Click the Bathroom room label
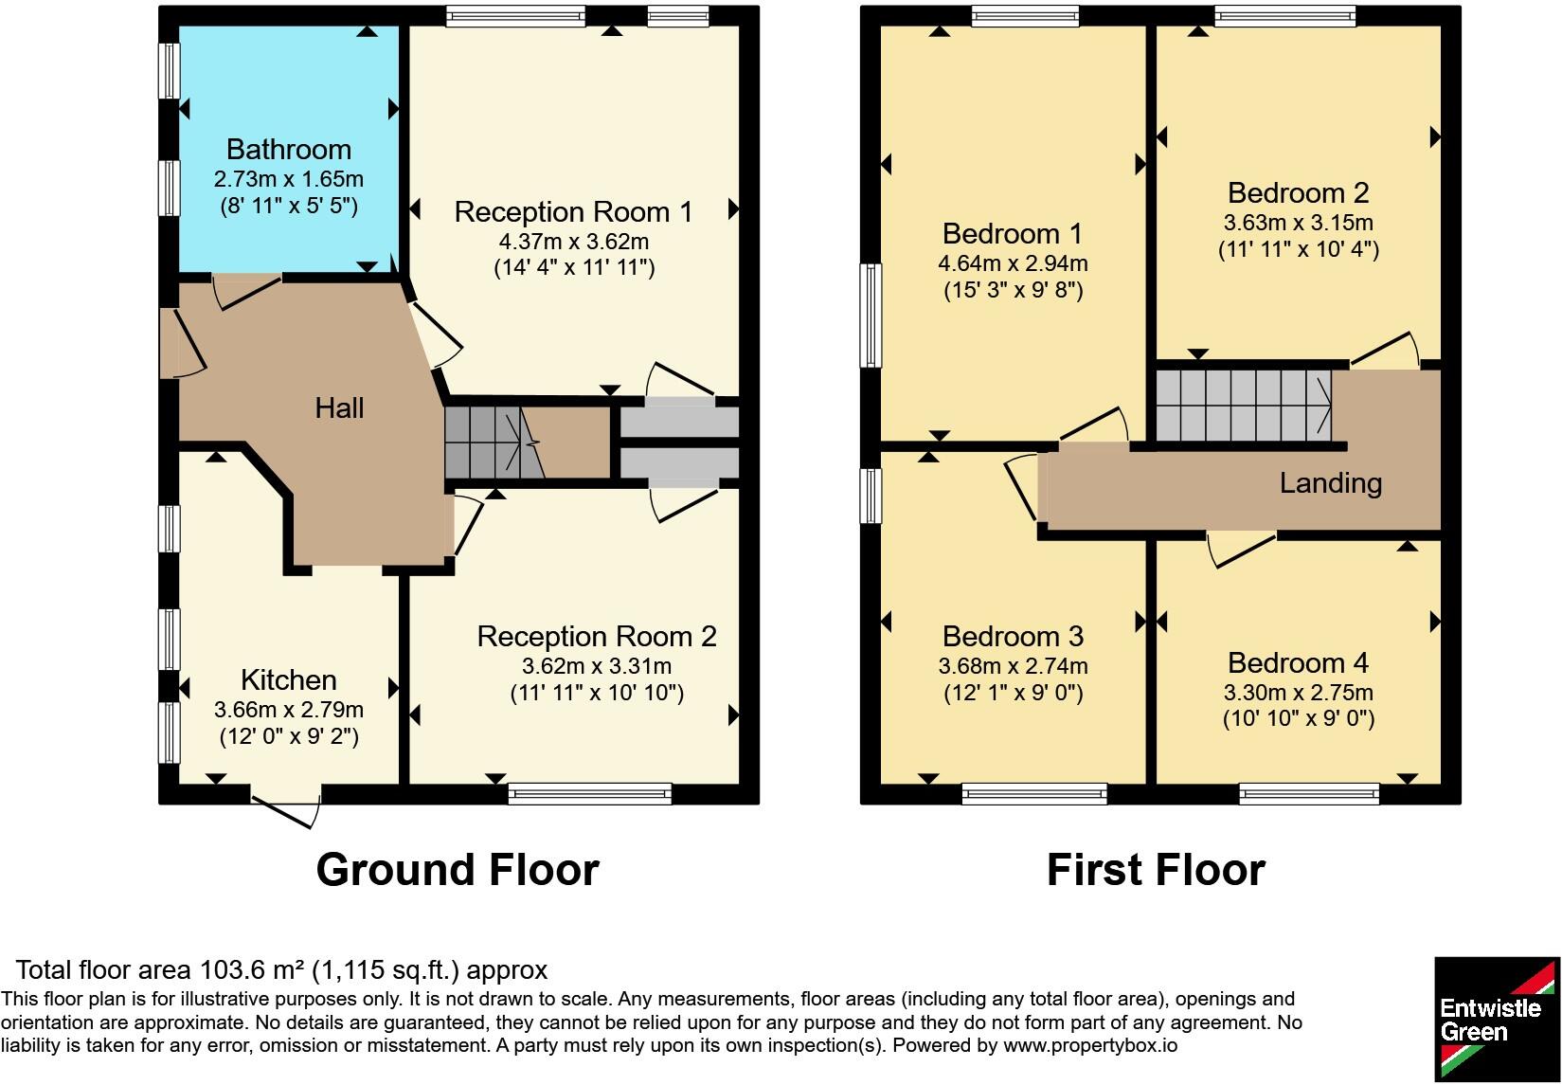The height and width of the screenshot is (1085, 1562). pyautogui.click(x=289, y=150)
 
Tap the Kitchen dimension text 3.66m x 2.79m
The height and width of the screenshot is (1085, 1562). pyautogui.click(x=289, y=710)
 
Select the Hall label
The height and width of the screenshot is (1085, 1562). pyautogui.click(x=339, y=407)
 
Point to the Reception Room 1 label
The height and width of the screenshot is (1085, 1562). pyautogui.click(x=573, y=211)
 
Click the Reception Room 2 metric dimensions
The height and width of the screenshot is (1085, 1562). pyautogui.click(x=597, y=666)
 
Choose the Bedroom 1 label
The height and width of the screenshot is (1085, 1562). pyautogui.click(x=1013, y=234)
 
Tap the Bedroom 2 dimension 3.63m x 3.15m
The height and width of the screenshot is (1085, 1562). pyautogui.click(x=1299, y=223)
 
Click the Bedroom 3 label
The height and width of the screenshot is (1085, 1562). pyautogui.click(x=1013, y=637)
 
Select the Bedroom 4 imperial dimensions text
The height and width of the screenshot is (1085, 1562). pyautogui.click(x=1299, y=718)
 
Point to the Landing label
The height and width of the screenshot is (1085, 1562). pyautogui.click(x=1331, y=483)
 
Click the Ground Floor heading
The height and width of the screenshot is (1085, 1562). pyautogui.click(x=458, y=870)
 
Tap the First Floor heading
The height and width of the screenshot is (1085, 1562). pyautogui.click(x=1157, y=870)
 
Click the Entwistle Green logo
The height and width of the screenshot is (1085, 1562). pyautogui.click(x=1497, y=1020)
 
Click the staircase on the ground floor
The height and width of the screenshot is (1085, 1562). pyautogui.click(x=494, y=443)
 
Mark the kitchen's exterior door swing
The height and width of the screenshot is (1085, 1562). pyautogui.click(x=286, y=809)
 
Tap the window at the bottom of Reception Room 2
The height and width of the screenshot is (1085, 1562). pyautogui.click(x=590, y=794)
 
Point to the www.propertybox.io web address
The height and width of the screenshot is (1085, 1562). pyautogui.click(x=1090, y=1045)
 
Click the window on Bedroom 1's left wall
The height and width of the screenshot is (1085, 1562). pyautogui.click(x=871, y=316)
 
